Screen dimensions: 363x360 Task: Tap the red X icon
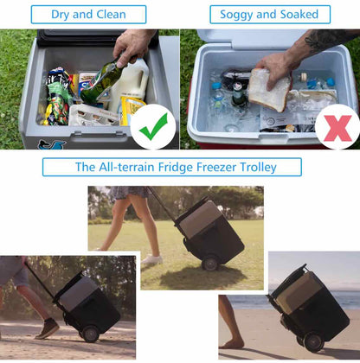click(337, 126)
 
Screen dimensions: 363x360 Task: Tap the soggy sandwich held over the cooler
click(268, 91)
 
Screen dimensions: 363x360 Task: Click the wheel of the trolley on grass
click(209, 263)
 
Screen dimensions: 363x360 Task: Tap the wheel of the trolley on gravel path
click(89, 334)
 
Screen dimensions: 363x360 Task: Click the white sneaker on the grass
click(152, 259)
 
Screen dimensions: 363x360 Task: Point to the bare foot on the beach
click(231, 343)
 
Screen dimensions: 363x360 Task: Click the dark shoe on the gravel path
click(48, 329)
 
